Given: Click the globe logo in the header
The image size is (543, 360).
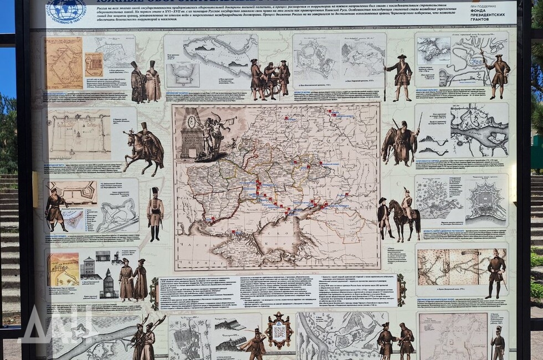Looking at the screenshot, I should click(x=66, y=10).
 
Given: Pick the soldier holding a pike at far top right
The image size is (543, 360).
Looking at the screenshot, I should click(x=499, y=74).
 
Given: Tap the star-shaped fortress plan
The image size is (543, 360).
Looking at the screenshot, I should click(x=486, y=202).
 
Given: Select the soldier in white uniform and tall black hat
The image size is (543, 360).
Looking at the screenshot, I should click(x=155, y=213).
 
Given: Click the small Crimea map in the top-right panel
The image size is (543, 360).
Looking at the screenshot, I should click(x=433, y=50).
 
